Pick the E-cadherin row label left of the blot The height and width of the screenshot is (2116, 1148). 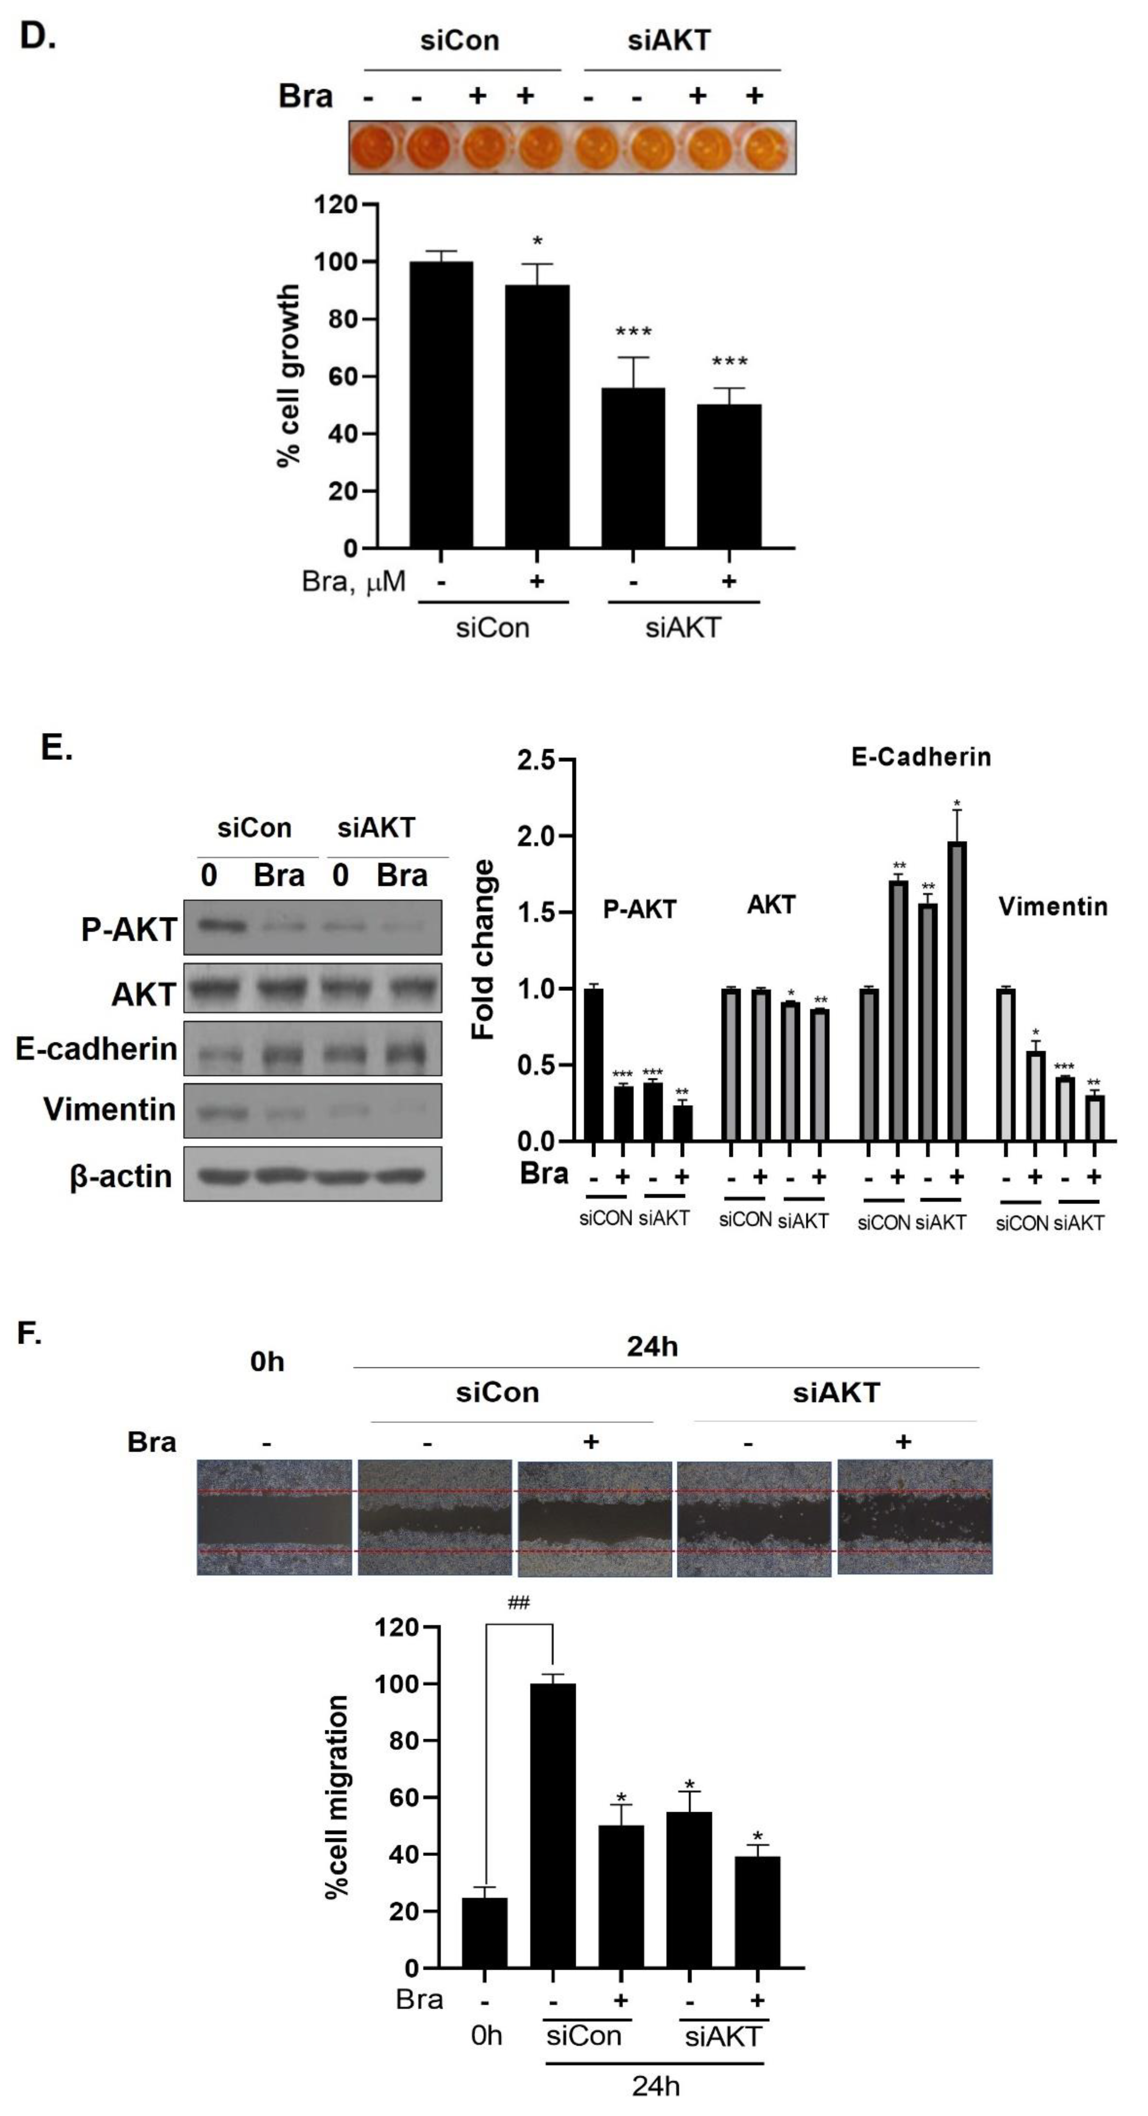pyautogui.click(x=96, y=1049)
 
